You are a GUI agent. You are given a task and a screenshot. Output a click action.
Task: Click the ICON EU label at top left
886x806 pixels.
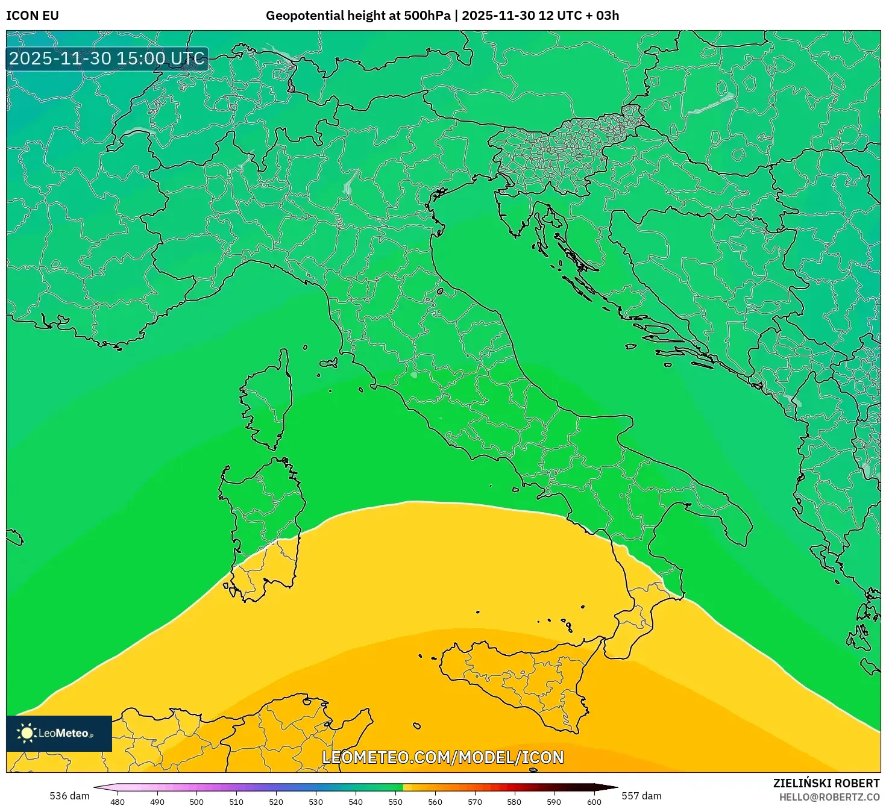[33, 16]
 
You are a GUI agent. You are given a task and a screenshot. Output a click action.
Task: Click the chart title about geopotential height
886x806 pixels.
[442, 16]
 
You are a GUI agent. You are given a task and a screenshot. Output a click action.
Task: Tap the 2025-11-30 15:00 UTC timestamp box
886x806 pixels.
[107, 59]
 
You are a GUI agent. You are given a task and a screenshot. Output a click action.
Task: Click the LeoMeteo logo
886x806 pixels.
[59, 733]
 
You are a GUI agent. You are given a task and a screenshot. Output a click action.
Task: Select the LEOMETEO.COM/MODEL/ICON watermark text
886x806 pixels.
[443, 757]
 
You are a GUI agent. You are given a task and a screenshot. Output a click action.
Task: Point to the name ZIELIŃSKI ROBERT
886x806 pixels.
[826, 783]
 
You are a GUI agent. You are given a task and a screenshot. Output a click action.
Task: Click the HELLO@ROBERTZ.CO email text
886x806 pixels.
[829, 797]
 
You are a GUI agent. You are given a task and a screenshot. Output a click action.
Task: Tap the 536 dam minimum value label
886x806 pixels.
[69, 796]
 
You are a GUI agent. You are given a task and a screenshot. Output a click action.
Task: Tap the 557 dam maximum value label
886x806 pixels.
[641, 796]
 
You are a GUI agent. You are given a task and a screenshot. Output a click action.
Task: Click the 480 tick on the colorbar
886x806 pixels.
[118, 802]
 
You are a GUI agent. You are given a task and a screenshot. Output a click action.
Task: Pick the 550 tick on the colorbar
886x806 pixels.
[395, 802]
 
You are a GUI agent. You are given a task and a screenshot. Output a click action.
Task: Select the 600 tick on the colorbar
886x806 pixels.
[594, 802]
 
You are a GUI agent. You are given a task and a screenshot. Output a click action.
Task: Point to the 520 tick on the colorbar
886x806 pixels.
[276, 802]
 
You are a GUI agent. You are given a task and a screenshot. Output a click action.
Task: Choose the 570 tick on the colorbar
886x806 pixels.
[475, 802]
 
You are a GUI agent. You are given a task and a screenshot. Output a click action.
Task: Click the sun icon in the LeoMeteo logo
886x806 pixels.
[27, 733]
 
